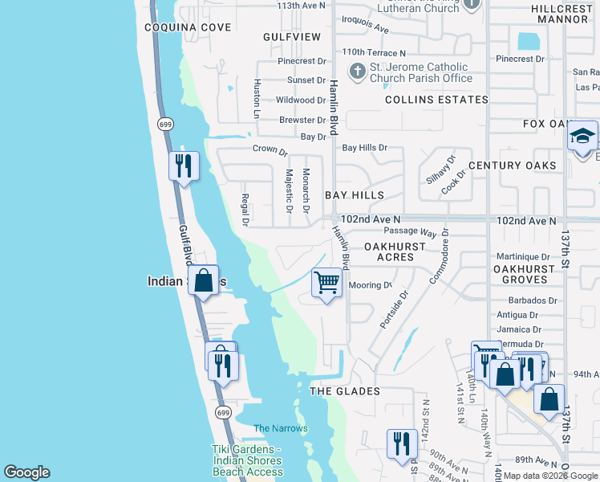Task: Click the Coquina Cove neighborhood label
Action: (188, 27)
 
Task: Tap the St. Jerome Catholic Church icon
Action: (357, 72)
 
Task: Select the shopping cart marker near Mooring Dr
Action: (326, 283)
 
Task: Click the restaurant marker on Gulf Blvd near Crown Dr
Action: (184, 166)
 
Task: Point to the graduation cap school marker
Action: (582, 136)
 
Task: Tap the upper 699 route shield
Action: (165, 124)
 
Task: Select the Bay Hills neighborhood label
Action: (355, 195)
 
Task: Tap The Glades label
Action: (345, 391)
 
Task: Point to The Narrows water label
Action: (281, 428)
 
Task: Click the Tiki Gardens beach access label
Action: (247, 460)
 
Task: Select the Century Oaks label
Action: (512, 165)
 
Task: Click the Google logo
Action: (26, 472)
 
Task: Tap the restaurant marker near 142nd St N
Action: (400, 444)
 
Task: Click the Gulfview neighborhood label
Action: (292, 37)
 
